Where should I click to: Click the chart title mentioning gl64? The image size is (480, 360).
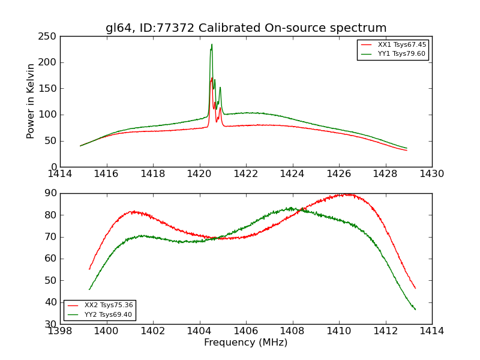246,28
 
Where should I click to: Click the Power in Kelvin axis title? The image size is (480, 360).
31,101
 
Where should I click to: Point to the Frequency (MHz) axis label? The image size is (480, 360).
246,343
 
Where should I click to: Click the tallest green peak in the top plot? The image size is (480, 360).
211,44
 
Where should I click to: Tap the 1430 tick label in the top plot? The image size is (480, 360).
431,173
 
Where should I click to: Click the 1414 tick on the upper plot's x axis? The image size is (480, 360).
61,173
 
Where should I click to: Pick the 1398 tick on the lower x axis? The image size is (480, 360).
61,331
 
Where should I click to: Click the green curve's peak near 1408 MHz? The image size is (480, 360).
291,208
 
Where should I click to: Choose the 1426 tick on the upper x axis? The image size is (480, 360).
338,173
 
